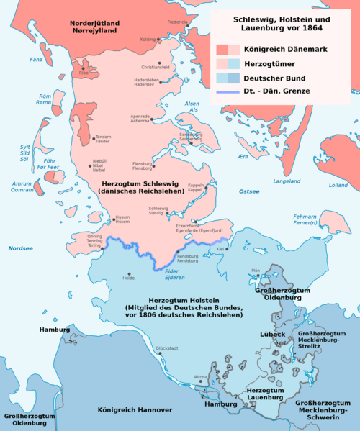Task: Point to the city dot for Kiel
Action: [x=225, y=250]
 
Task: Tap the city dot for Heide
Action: [x=130, y=274]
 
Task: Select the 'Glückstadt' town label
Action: [x=167, y=348]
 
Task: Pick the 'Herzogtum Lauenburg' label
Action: [x=264, y=392]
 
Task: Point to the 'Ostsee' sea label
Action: [x=249, y=191]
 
